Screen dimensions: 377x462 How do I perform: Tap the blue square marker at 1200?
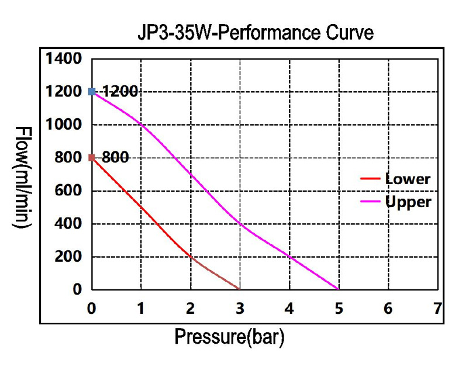92,92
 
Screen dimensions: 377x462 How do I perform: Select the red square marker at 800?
92,157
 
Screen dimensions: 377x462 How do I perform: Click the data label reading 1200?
120,92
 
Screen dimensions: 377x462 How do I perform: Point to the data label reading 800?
115,157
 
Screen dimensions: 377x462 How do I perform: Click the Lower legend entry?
407,179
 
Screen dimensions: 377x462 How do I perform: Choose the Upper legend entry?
408,202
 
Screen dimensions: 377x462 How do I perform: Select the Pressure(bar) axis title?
230,338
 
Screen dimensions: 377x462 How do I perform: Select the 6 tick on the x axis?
388,308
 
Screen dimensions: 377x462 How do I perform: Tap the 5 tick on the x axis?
339,308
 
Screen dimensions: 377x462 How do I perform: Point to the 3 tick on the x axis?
240,308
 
